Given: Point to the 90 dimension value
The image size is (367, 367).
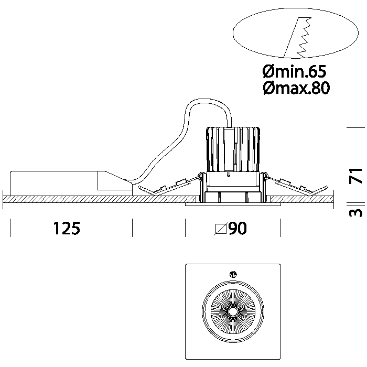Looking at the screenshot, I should coord(238,229).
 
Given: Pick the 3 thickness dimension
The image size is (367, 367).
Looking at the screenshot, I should coord(356,212).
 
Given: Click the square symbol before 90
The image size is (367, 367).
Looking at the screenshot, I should coord(221,229).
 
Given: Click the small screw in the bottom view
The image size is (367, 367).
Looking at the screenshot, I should coord(233,273).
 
